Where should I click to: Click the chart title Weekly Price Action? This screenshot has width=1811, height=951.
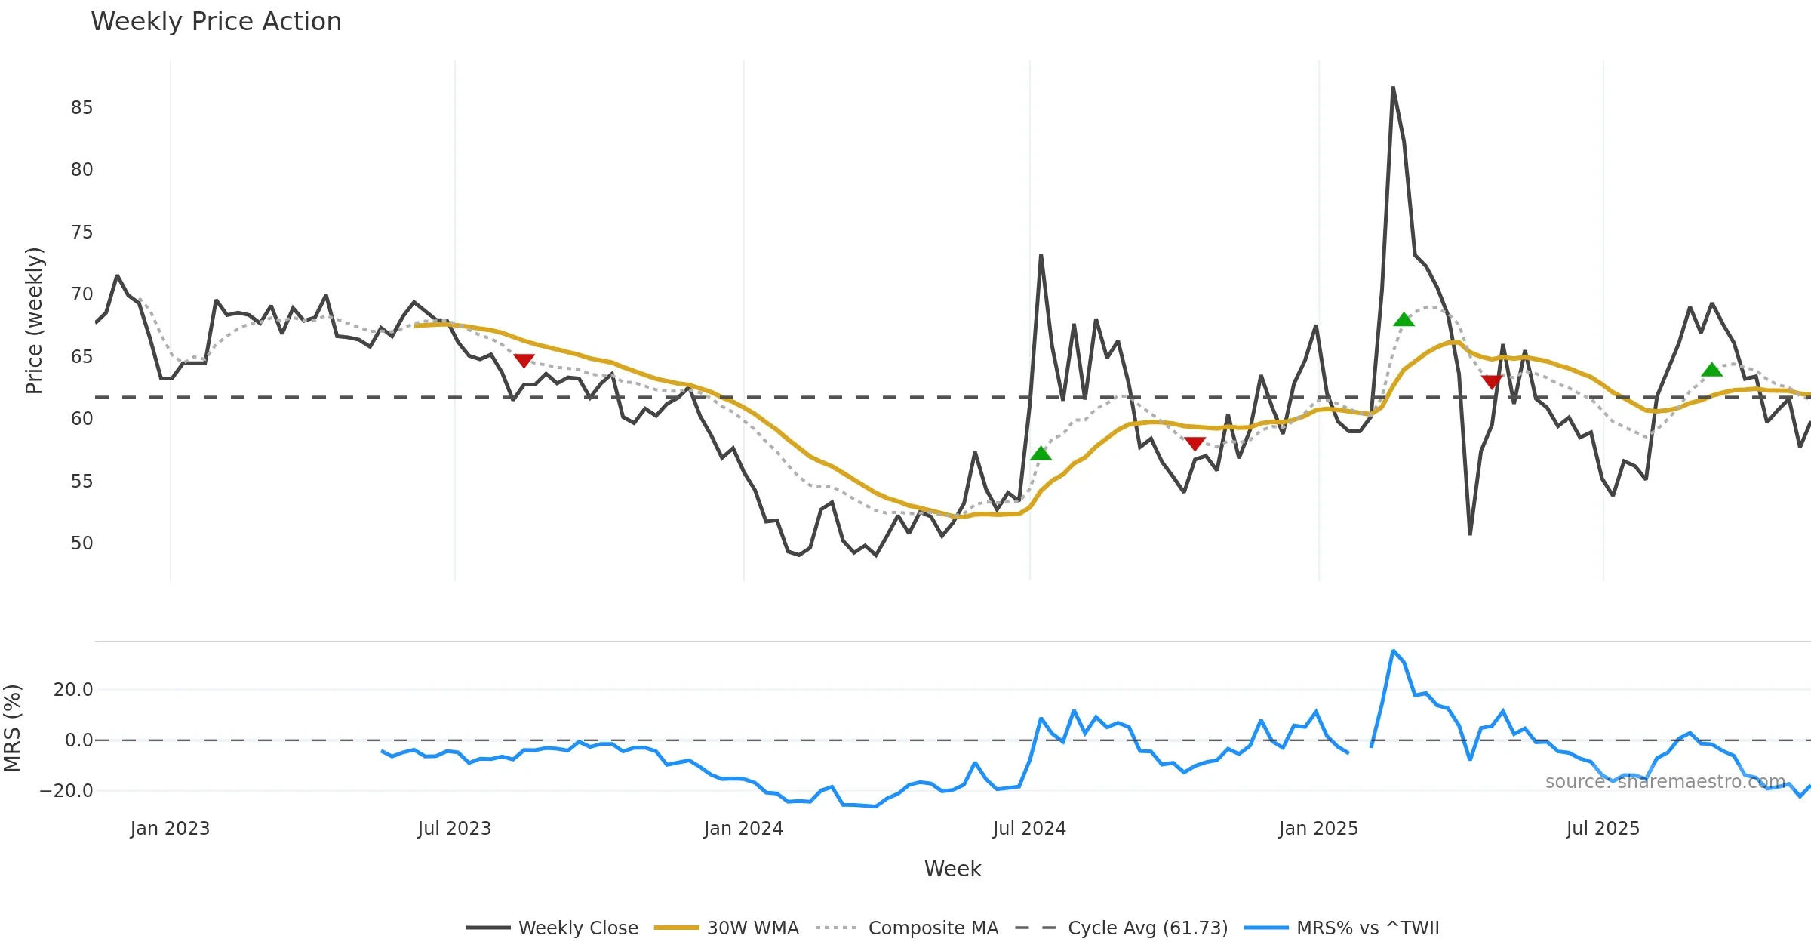[216, 22]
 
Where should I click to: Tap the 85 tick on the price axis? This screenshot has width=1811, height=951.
[81, 108]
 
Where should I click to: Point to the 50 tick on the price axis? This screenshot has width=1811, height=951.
[81, 543]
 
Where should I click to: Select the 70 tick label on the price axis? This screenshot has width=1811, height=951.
[81, 294]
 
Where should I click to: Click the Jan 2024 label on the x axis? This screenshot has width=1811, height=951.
[743, 829]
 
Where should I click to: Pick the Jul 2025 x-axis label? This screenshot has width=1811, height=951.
[1603, 829]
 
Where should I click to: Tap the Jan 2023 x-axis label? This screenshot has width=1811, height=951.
[170, 829]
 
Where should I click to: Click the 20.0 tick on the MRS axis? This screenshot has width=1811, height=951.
[73, 690]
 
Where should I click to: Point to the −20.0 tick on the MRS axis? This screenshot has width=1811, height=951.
[66, 791]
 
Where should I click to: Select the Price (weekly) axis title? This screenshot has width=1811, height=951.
[34, 321]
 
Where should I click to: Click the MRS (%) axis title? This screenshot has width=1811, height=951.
[13, 728]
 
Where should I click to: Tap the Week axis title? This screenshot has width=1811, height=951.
[952, 869]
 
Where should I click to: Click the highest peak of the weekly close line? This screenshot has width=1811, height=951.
[1393, 88]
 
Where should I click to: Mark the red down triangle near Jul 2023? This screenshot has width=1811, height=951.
[524, 360]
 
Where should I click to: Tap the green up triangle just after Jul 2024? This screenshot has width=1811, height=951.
[1041, 454]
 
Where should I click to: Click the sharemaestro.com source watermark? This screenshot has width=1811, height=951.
[1665, 782]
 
